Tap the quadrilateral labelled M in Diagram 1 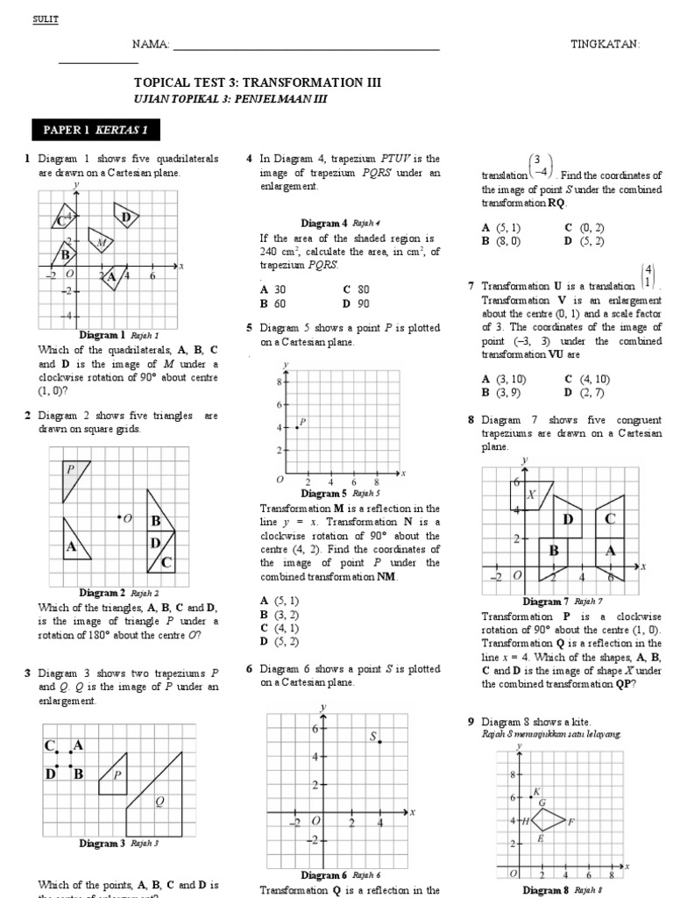point(102,241)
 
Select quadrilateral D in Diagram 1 point(126,216)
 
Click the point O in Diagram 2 point(119,517)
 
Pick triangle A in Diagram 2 point(74,544)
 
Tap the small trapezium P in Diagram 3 point(114,776)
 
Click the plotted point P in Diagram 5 point(297,427)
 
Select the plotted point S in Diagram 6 point(379,742)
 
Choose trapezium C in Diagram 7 point(610,520)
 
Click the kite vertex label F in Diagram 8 point(570,822)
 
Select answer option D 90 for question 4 point(357,303)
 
